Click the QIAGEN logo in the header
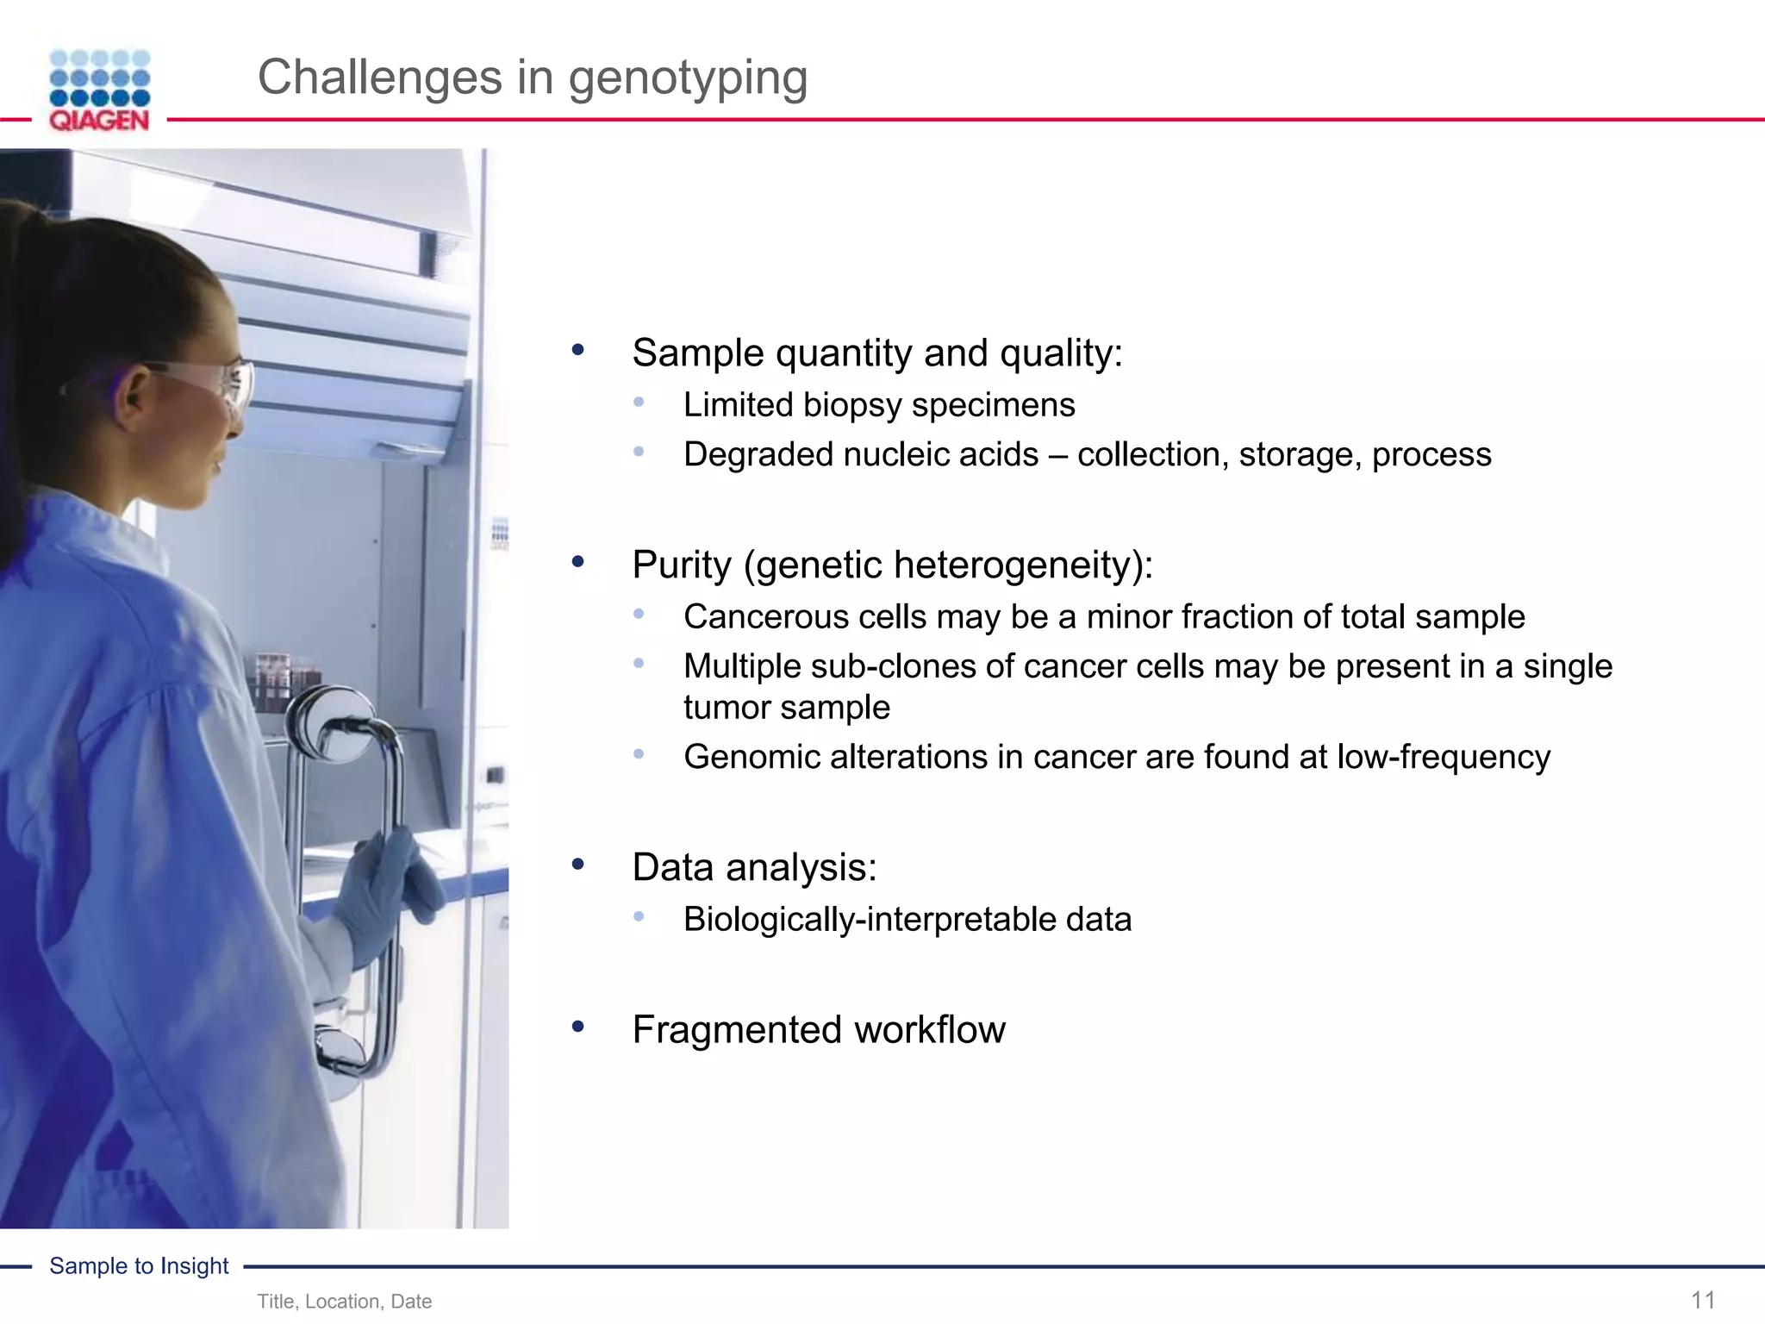point(99,91)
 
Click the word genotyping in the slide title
point(688,78)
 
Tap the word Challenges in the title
point(379,77)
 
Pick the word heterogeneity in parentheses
point(1013,565)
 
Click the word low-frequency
point(1444,757)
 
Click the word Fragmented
point(737,1029)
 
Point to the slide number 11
point(1703,1300)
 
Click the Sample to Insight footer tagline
point(139,1265)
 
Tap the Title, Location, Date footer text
point(344,1302)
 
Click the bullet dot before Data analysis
point(578,865)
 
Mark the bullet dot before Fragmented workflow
point(578,1026)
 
